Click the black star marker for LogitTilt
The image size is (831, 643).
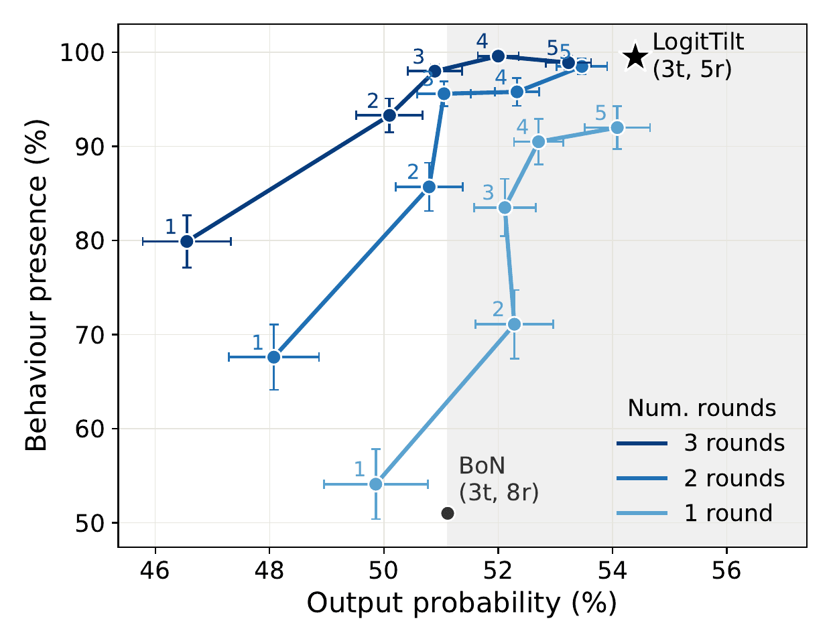[x=635, y=56]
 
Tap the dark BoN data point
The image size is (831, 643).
[x=448, y=513]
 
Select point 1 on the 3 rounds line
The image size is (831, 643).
[x=186, y=241]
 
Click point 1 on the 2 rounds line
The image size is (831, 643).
[x=274, y=357]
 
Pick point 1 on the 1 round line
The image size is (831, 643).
[x=376, y=484]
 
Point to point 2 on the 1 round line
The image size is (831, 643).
[x=515, y=324]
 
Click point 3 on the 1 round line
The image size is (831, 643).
[x=505, y=208]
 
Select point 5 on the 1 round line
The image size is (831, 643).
[x=617, y=128]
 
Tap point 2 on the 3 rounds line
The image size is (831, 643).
[x=389, y=115]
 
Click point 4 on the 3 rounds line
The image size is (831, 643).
[x=498, y=56]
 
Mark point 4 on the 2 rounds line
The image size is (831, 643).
[x=517, y=92]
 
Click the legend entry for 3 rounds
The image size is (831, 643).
[x=700, y=443]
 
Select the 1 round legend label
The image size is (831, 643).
[x=728, y=513]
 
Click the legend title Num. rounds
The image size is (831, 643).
[x=702, y=408]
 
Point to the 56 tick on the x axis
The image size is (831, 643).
[x=726, y=571]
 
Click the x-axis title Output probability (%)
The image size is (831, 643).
[x=462, y=603]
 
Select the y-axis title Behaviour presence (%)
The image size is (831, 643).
[x=36, y=285]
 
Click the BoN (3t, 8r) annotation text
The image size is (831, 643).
[x=499, y=479]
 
